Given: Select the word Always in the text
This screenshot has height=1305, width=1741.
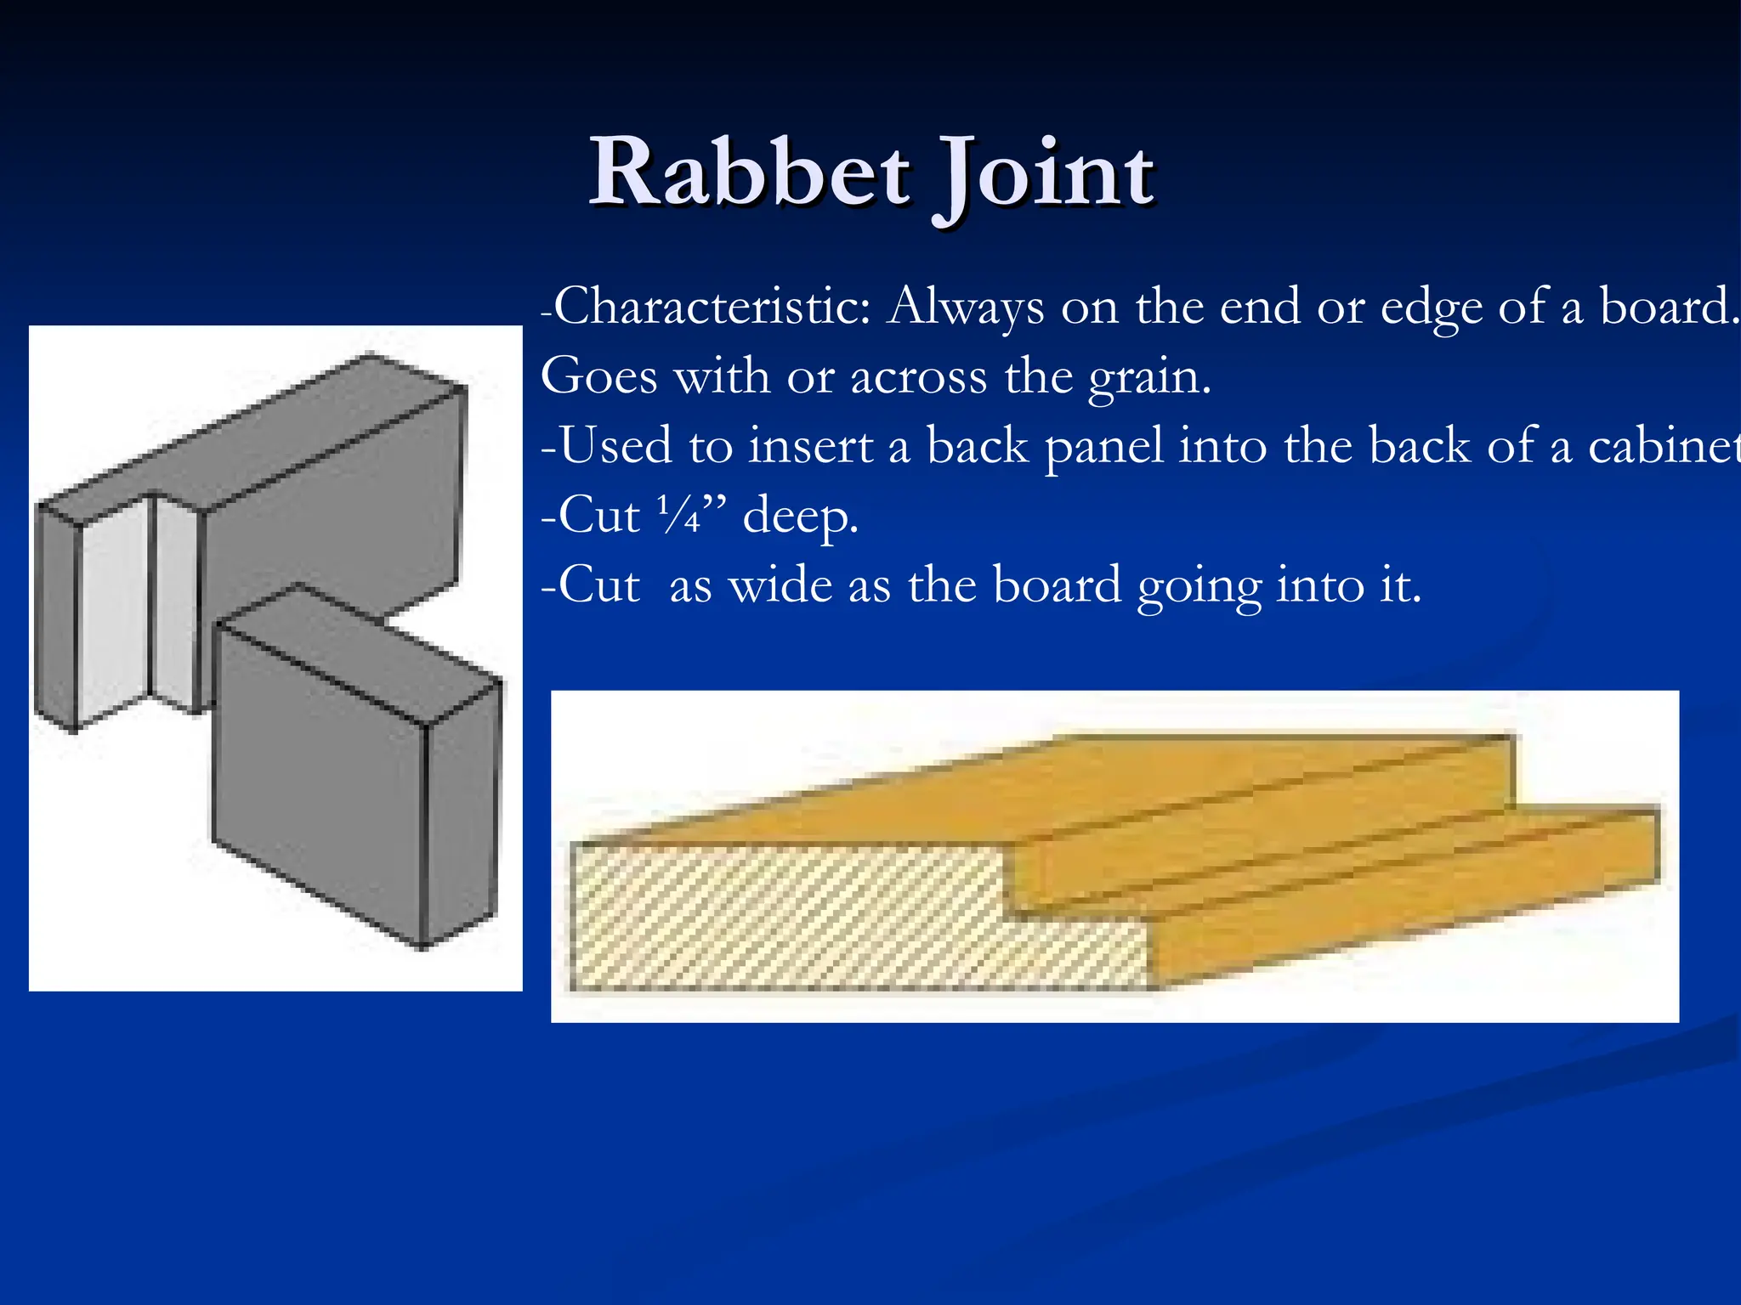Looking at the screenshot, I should tap(966, 308).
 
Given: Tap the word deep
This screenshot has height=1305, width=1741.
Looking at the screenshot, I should tap(800, 517).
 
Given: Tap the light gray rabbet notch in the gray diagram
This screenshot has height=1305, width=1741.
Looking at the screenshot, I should tap(115, 612).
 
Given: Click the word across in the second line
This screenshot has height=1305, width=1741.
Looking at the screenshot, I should tap(918, 376).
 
